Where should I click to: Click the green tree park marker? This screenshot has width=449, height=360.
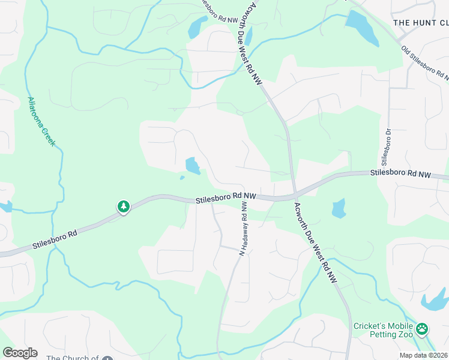point(124,207)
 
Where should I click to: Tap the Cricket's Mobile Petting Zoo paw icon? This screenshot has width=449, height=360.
point(423,328)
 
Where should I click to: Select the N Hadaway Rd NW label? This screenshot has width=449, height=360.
point(244,229)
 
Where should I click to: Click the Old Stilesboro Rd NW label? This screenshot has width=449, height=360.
point(426,64)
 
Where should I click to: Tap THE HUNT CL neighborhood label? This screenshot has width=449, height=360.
point(420,23)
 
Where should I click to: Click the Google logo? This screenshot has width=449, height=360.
point(20,353)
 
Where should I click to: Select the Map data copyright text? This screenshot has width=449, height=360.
point(423,355)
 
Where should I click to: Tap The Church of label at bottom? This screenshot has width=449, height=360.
point(72,358)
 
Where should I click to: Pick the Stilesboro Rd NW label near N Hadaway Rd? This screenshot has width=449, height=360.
point(226,196)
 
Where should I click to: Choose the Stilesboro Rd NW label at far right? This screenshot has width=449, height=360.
point(400,174)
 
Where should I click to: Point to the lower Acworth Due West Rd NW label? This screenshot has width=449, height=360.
point(315,242)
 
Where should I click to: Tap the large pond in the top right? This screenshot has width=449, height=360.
point(362,28)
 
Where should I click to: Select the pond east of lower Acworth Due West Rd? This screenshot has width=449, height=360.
point(339,208)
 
